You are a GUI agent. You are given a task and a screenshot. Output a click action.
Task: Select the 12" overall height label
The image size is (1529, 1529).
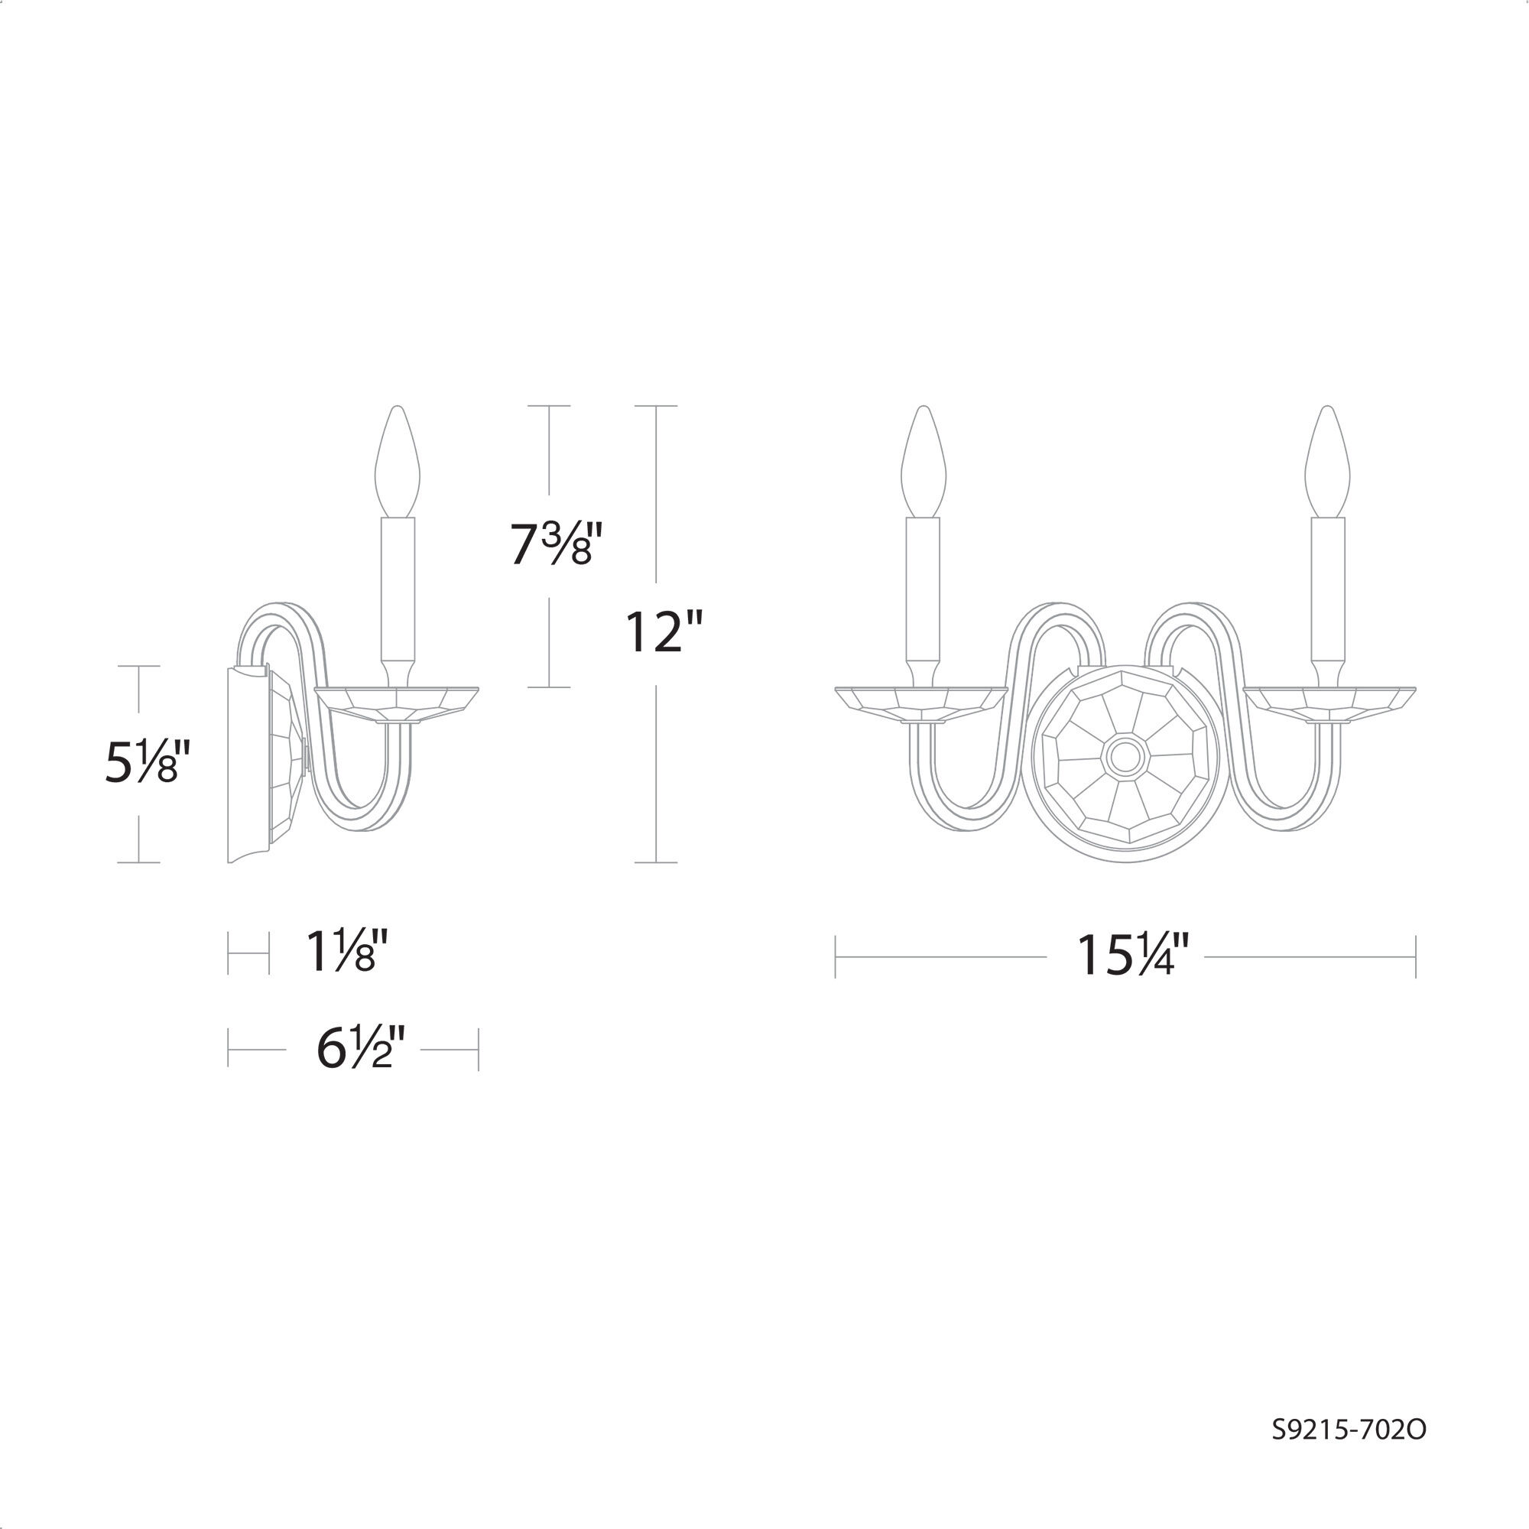tap(663, 632)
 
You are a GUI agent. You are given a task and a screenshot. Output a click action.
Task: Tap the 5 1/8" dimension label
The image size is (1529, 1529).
tap(148, 762)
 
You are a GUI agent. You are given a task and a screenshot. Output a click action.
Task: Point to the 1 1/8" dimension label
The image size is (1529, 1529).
tap(346, 951)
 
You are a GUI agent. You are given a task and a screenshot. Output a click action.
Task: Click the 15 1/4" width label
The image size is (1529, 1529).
tap(1132, 956)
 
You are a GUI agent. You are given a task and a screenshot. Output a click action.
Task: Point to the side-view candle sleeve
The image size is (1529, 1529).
tap(398, 589)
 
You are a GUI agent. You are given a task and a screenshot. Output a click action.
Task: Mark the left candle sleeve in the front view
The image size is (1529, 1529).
tap(924, 589)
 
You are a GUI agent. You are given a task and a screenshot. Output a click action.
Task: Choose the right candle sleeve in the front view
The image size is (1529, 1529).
tap(1327, 589)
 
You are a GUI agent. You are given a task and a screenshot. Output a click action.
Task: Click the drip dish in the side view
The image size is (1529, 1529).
tap(397, 703)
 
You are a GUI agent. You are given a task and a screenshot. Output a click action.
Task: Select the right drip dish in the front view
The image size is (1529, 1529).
tap(1329, 703)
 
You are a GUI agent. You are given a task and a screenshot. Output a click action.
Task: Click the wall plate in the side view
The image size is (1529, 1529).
tap(248, 764)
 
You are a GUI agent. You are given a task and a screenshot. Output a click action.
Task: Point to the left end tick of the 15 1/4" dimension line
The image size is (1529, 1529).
tap(836, 957)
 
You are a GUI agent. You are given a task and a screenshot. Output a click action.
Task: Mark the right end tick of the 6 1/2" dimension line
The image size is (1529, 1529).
tap(478, 1050)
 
